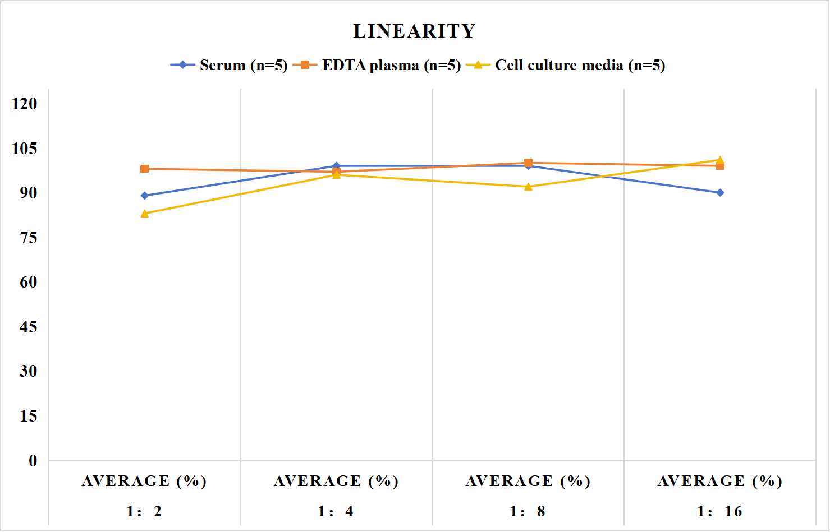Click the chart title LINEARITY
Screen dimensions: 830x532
click(x=414, y=31)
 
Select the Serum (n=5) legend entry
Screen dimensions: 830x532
click(x=228, y=65)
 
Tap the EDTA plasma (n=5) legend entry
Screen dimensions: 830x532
click(x=377, y=65)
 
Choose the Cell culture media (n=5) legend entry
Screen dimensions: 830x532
click(x=565, y=65)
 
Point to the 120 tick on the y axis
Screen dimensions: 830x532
click(x=25, y=104)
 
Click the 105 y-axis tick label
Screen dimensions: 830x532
click(x=25, y=149)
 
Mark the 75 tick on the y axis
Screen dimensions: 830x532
click(x=29, y=238)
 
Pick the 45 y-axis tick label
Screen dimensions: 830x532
click(x=29, y=327)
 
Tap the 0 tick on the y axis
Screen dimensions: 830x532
click(x=33, y=461)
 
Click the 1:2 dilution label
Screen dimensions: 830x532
click(x=144, y=511)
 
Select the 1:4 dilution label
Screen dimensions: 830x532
click(x=336, y=511)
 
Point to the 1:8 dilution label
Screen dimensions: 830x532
click(x=528, y=511)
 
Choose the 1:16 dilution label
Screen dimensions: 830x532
click(x=719, y=511)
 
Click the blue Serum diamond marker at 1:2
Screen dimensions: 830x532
click(x=145, y=196)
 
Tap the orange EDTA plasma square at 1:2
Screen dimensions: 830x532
click(x=145, y=169)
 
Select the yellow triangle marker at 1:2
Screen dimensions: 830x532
click(x=145, y=214)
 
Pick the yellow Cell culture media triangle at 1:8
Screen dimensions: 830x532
click(x=529, y=187)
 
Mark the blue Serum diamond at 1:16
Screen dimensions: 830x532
click(x=720, y=192)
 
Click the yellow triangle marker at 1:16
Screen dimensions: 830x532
click(x=720, y=160)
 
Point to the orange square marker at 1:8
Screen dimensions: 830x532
click(x=529, y=163)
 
